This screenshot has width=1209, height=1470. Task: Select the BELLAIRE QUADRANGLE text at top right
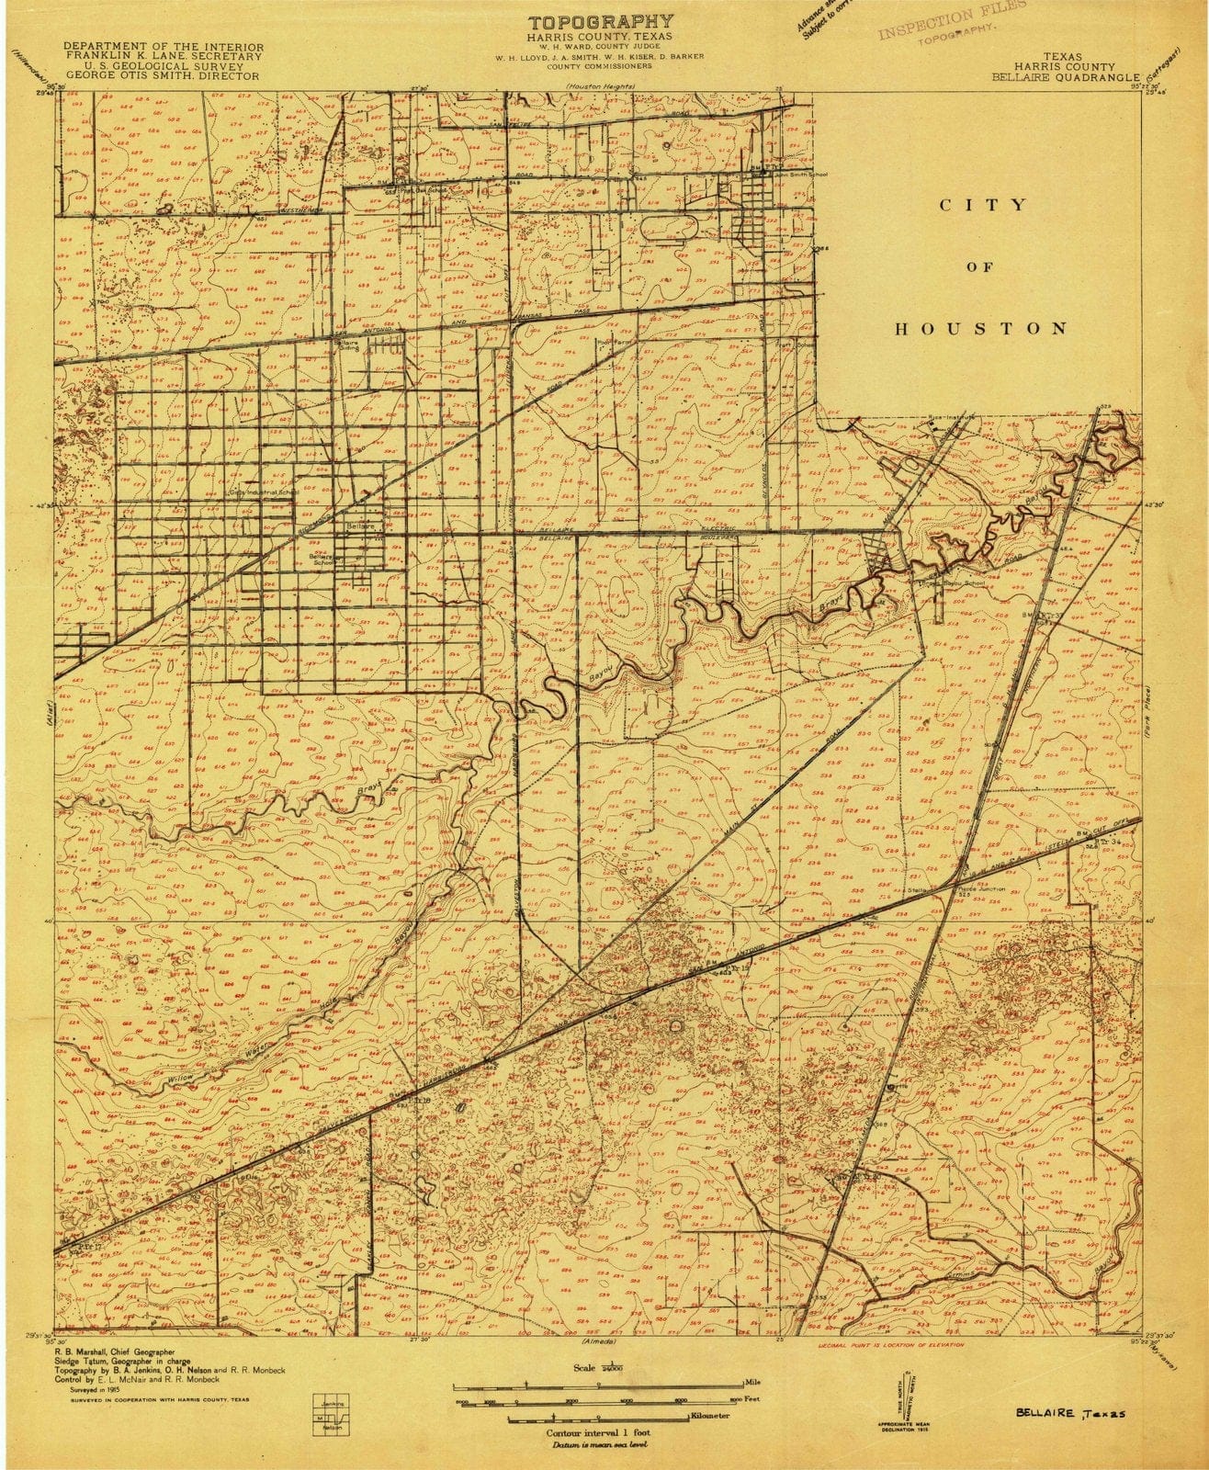[x=1065, y=78]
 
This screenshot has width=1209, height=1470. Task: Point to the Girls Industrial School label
[x=264, y=492]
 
